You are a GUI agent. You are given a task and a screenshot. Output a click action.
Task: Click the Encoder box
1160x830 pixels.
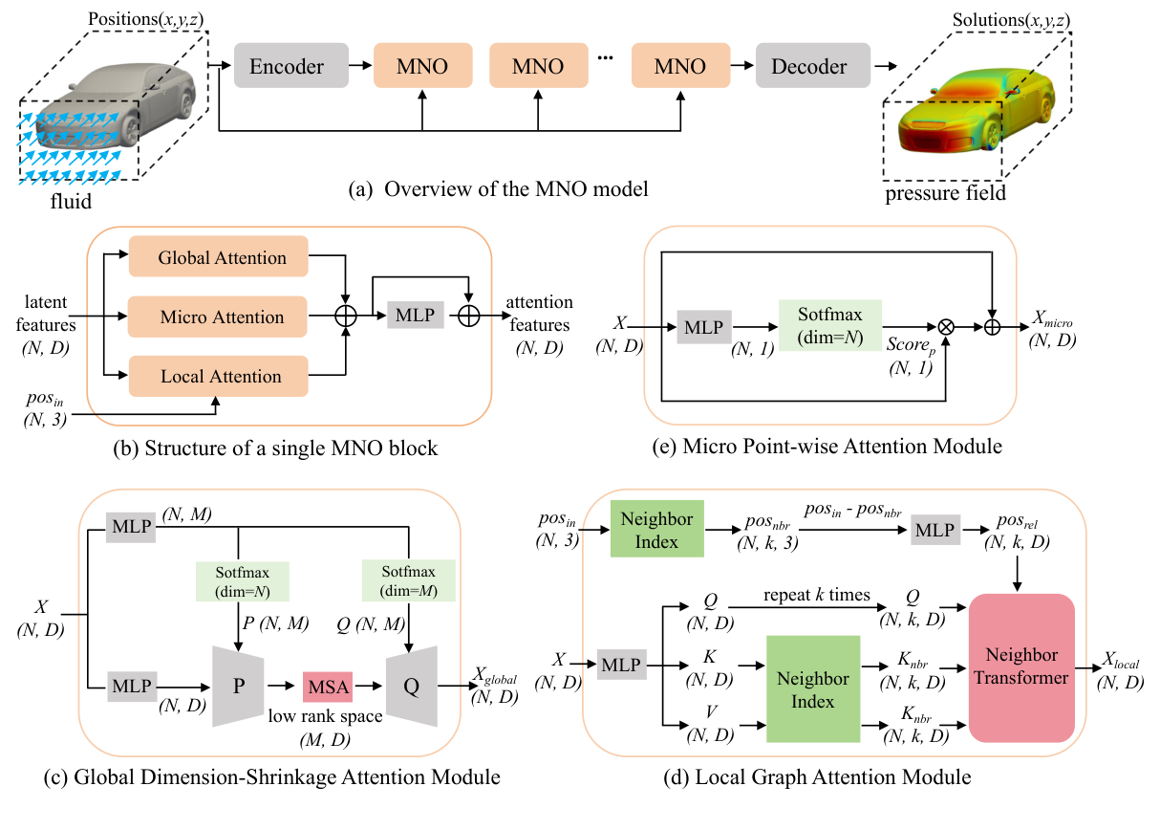tap(286, 67)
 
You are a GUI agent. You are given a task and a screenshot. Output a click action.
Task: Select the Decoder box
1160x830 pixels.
tap(808, 67)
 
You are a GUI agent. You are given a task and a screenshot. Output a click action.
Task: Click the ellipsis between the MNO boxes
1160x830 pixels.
tap(605, 59)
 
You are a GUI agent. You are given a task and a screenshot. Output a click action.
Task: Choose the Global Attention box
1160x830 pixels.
tap(222, 258)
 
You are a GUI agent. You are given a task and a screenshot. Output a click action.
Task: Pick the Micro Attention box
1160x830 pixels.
tap(222, 317)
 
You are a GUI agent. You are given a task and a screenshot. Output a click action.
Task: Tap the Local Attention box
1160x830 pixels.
tap(222, 376)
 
